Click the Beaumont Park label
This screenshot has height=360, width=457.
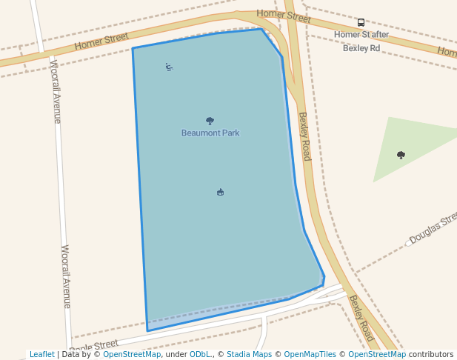[210, 133]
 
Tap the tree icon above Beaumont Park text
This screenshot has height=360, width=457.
[210, 121]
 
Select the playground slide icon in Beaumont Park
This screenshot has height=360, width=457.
[170, 67]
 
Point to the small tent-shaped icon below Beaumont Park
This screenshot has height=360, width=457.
[220, 193]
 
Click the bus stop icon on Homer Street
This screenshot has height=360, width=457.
[361, 23]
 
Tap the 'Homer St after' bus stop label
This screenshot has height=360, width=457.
[361, 35]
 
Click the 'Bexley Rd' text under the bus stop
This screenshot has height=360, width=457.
[361, 48]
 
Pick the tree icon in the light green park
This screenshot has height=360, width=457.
[401, 155]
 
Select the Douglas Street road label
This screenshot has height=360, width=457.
[433, 230]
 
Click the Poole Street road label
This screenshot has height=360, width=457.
[94, 345]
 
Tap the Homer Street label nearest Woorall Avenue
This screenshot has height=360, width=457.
[101, 41]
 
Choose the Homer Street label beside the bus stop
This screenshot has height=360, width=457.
[284, 15]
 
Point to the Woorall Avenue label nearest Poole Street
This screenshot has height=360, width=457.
[66, 276]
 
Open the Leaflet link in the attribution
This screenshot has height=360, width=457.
[42, 354]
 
